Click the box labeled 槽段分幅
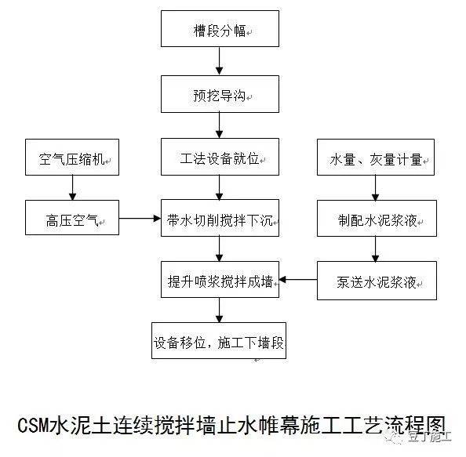point(220,28)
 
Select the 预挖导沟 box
point(220,94)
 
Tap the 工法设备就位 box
point(220,157)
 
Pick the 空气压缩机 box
point(72,157)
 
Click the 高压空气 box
point(72,218)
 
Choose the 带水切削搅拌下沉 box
point(220,218)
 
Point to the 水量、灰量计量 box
point(376,157)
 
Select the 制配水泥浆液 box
point(377,218)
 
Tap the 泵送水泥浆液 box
point(377,281)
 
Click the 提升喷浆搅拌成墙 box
point(220,279)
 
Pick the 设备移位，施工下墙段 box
point(219,341)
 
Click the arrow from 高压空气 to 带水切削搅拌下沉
point(140,219)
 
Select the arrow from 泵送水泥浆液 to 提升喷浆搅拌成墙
point(298,279)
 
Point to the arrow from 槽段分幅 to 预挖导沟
point(220,61)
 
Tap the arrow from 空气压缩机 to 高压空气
point(72,187)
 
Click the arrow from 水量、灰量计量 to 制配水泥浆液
point(375,187)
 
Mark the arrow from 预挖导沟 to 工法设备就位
point(220,125)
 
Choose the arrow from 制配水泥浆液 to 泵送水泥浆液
point(375,248)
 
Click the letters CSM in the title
point(34,425)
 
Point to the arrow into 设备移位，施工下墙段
point(220,310)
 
